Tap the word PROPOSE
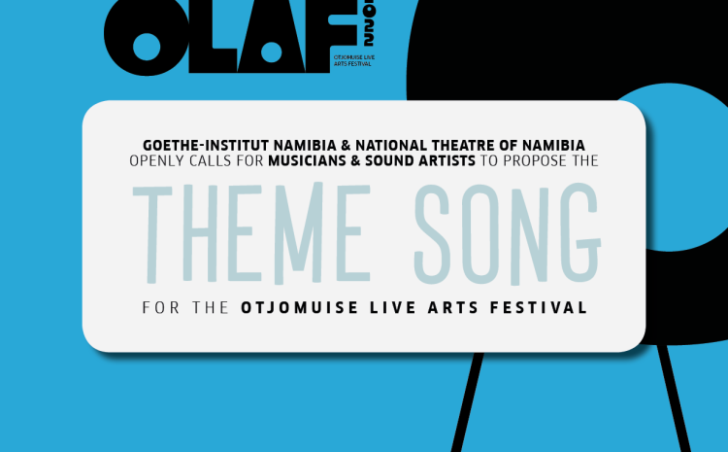pyautogui.click(x=535, y=161)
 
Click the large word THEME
pyautogui.click(x=251, y=233)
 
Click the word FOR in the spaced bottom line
pyautogui.click(x=160, y=308)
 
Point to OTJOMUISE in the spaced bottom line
pyautogui.click(x=300, y=308)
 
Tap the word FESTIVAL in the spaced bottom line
pyautogui.click(x=539, y=308)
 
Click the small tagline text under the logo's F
pyautogui.click(x=354, y=60)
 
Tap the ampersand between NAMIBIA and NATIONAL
pyautogui.click(x=346, y=145)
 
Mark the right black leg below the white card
pyautogui.click(x=674, y=399)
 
